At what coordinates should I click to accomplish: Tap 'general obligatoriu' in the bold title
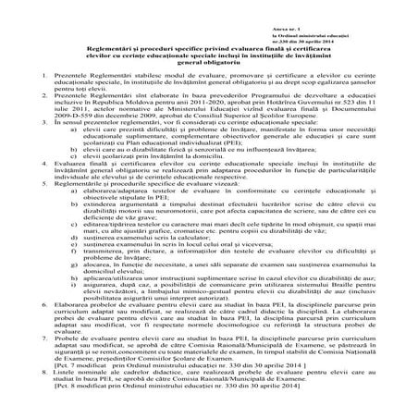click(x=210, y=61)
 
